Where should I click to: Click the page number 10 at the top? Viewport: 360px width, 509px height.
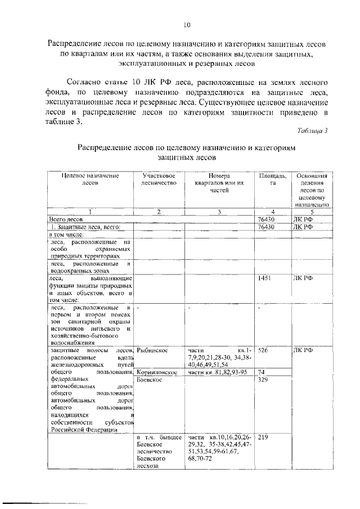187,24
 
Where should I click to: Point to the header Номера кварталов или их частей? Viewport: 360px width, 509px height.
219,183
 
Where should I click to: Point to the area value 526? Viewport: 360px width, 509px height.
263,350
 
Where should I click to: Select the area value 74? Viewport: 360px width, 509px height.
261,372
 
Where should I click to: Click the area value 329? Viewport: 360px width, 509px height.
263,380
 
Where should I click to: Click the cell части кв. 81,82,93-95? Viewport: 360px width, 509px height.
218,372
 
